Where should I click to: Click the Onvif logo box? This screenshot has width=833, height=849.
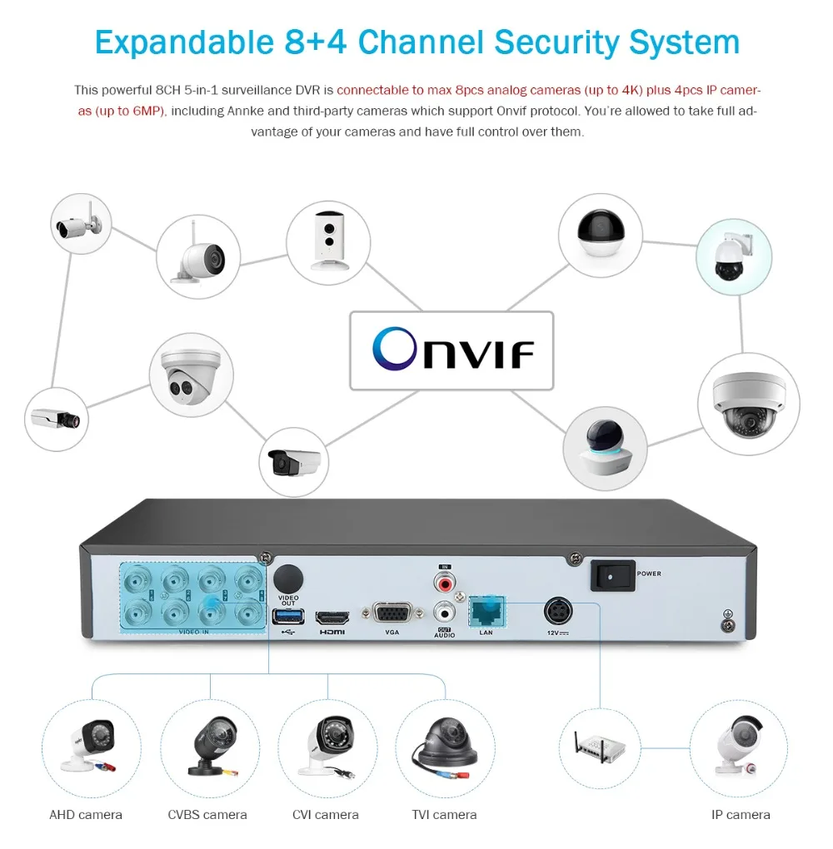451,350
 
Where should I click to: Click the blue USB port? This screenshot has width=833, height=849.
288,616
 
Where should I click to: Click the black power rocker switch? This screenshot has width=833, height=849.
612,574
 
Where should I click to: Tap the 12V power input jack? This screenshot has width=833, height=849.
557,612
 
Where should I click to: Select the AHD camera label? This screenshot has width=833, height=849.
86,815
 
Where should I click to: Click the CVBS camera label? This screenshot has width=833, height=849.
207,815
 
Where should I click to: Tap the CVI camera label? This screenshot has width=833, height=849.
326,815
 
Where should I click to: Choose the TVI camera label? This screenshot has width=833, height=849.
444,815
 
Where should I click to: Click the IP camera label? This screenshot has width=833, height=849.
741,815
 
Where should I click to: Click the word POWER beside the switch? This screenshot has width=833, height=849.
649,573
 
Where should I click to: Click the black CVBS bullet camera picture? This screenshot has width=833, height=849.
207,743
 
